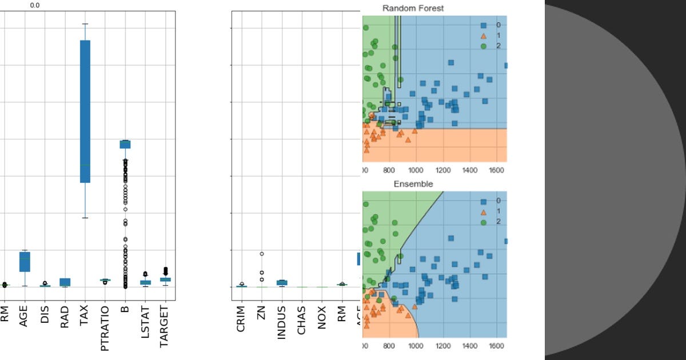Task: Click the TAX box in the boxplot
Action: coord(85,111)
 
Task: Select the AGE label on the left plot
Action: coord(23,315)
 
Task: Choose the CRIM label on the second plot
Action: coord(241,321)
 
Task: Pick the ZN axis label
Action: coord(261,314)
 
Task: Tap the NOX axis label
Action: coord(322,317)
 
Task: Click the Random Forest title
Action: coord(413,8)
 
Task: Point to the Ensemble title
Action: coord(413,184)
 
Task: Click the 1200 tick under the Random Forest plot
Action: coord(443,170)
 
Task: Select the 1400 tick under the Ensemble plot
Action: coord(470,346)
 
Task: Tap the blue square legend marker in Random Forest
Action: coord(483,25)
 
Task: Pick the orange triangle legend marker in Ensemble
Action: coord(483,211)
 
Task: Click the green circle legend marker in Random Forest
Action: coord(483,46)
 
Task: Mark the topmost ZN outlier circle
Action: coord(261,254)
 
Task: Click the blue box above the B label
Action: coord(125,144)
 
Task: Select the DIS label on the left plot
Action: coord(44,315)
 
